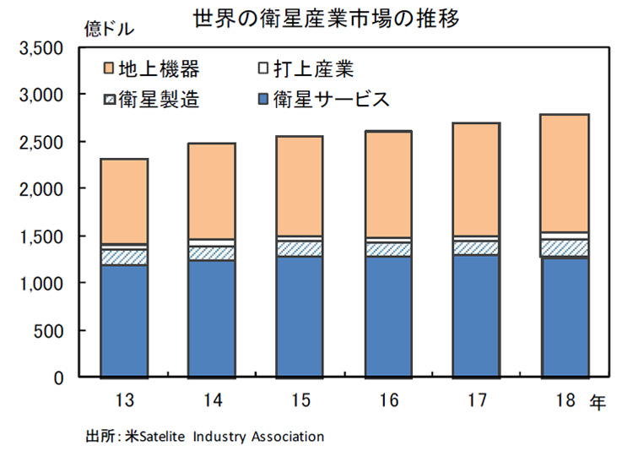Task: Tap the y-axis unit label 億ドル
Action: [x=108, y=28]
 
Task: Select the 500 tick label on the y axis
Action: [x=53, y=331]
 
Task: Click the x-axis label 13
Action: [x=124, y=400]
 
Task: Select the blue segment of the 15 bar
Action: [x=300, y=317]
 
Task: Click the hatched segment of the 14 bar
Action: [x=212, y=253]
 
